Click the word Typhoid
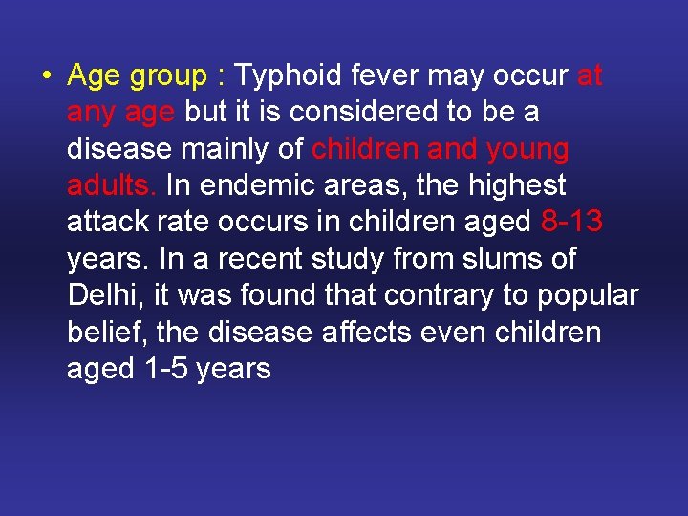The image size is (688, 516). click(x=289, y=75)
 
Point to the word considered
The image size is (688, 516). click(x=364, y=112)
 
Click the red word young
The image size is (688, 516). click(x=527, y=150)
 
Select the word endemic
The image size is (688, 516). click(x=249, y=184)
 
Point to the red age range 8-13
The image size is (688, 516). click(x=571, y=222)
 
